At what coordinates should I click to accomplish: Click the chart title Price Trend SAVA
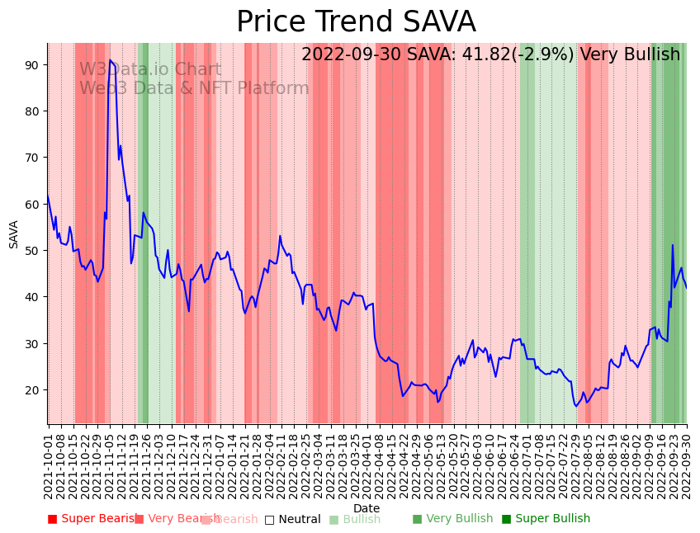[356, 22]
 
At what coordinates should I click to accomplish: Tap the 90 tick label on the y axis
[32, 64]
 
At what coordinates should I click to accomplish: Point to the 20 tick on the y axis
[32, 389]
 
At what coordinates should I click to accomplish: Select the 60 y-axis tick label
[32, 204]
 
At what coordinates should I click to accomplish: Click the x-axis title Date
[367, 508]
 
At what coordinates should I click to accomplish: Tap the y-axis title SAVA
[14, 234]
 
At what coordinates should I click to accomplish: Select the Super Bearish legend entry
[92, 519]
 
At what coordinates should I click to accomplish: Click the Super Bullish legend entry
[546, 519]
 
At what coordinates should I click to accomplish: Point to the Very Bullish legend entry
[452, 519]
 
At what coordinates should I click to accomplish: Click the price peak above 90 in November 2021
[110, 60]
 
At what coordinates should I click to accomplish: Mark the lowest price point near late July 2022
[575, 406]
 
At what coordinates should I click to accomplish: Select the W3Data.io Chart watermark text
[150, 70]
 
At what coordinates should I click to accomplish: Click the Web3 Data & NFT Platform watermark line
[194, 89]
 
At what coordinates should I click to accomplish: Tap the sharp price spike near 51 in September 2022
[672, 245]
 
